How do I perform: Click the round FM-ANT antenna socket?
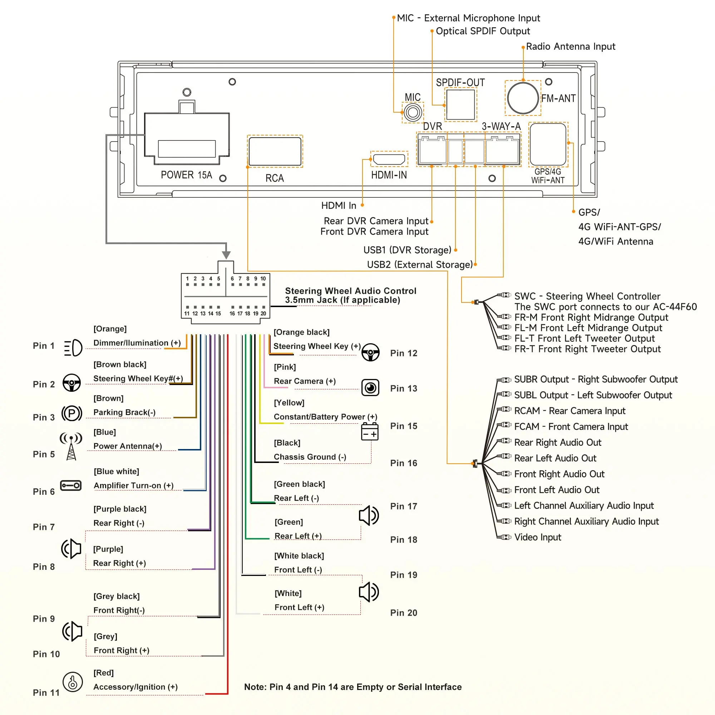coord(523,98)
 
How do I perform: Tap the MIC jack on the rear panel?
coord(413,112)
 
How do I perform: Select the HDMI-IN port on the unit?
coord(389,159)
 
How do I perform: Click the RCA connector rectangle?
coord(275,151)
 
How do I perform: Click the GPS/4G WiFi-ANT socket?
coord(548,144)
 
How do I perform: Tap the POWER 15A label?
coord(186,175)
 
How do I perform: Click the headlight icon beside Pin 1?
coord(73,348)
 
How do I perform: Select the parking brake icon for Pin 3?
coord(72,413)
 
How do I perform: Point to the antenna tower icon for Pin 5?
coord(71,446)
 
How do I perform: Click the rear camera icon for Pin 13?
coord(370,388)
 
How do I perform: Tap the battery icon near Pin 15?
coord(370,431)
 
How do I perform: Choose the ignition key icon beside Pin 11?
coord(73,682)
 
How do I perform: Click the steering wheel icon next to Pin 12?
coord(370,352)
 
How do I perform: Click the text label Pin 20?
coord(403,613)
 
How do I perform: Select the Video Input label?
coord(537,537)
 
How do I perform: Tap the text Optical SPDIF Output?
coord(483,31)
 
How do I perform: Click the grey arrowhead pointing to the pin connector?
coord(226,255)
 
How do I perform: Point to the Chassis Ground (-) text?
coord(310,457)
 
